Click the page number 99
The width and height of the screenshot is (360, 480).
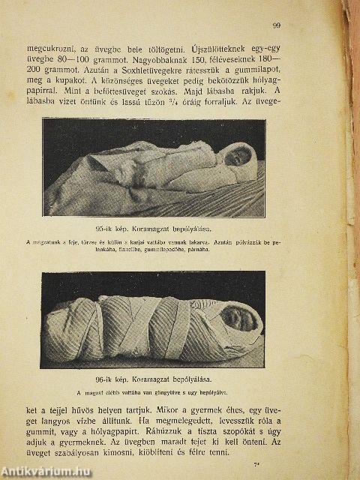(x=277, y=26)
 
